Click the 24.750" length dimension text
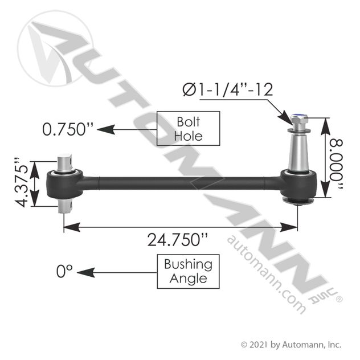[178, 240]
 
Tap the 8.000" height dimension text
[336, 164]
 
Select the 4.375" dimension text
[21, 182]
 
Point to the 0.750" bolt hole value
[68, 129]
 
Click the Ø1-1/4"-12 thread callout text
[228, 89]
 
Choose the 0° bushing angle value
[64, 271]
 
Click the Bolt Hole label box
[189, 129]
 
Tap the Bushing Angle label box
[189, 271]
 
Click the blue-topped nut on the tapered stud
[299, 119]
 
